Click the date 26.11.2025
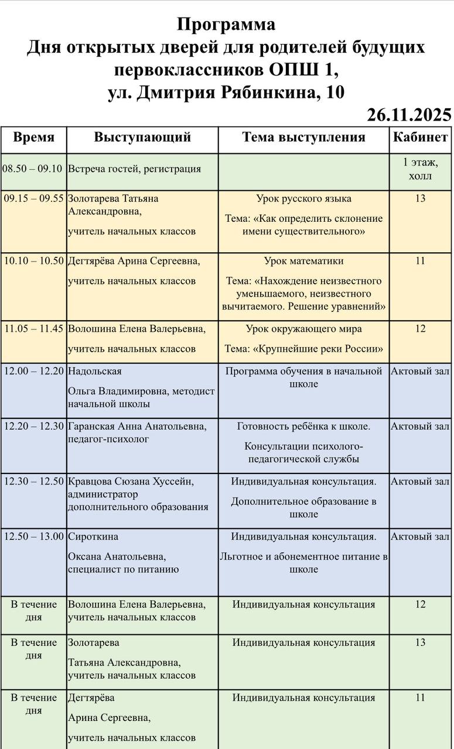[409, 115]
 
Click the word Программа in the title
[226, 25]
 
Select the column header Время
[33, 138]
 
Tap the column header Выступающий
[142, 138]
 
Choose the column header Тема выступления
[303, 138]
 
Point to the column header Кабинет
[420, 138]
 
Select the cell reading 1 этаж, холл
[420, 169]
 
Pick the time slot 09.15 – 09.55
[33, 199]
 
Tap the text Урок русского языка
[303, 199]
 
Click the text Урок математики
[303, 261]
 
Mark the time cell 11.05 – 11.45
[33, 329]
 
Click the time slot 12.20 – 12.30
[33, 427]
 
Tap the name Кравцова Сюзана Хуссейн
[131, 482]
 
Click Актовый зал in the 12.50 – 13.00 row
[420, 537]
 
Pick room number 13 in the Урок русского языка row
[420, 199]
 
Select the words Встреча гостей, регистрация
[134, 169]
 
